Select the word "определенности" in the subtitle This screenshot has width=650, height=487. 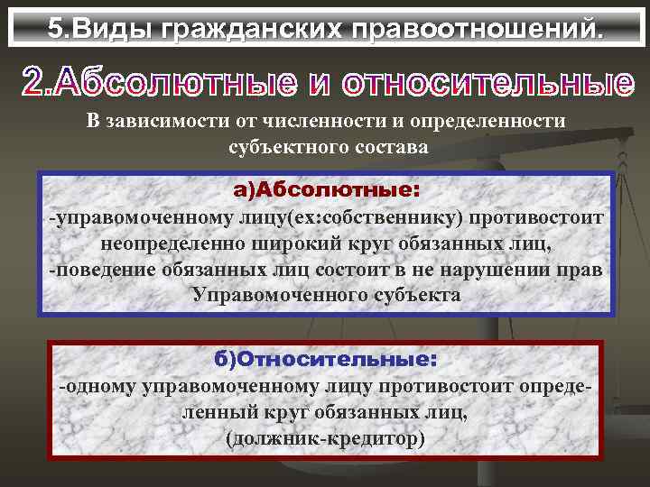pyautogui.click(x=484, y=122)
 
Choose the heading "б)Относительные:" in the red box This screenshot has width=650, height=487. pyautogui.click(x=325, y=359)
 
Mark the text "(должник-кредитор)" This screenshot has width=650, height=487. pyautogui.click(x=325, y=438)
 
